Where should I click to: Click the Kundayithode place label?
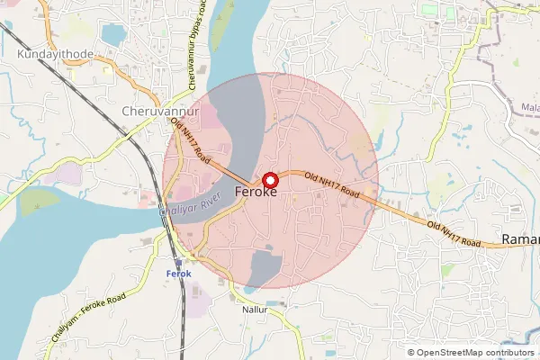pyautogui.click(x=53, y=54)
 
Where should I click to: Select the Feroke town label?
pyautogui.click(x=255, y=192)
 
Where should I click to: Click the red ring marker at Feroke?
pyautogui.click(x=269, y=178)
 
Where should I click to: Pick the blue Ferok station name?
pyautogui.click(x=179, y=273)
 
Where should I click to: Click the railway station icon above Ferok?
pyautogui.click(x=178, y=262)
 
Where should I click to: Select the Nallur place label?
pyautogui.click(x=256, y=309)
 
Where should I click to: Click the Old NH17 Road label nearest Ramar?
pyautogui.click(x=457, y=232)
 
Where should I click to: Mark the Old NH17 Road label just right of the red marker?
pyautogui.click(x=331, y=185)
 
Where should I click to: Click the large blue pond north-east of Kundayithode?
pyautogui.click(x=114, y=35)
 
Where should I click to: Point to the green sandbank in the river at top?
pyautogui.click(x=219, y=31)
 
